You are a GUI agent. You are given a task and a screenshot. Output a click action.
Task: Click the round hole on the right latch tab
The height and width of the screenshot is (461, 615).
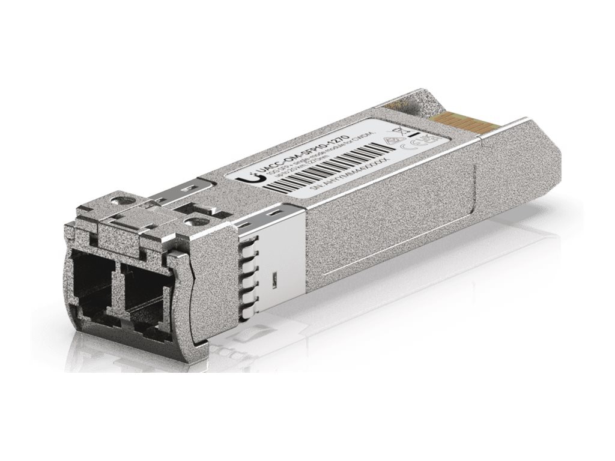[192, 221]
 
